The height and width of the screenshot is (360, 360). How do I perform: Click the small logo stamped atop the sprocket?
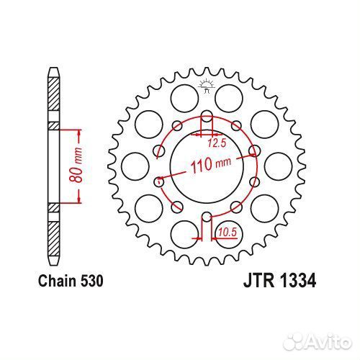[x=206, y=86]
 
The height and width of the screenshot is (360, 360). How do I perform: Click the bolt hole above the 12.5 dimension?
[x=206, y=117]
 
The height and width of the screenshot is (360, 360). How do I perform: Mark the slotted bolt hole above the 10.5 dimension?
[x=207, y=219]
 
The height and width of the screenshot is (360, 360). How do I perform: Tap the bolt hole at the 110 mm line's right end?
[x=253, y=150]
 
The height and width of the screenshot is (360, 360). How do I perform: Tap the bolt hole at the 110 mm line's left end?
[x=159, y=182]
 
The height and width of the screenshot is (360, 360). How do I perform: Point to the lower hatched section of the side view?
[x=53, y=233]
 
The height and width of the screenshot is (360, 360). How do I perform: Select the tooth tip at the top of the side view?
[x=53, y=69]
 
